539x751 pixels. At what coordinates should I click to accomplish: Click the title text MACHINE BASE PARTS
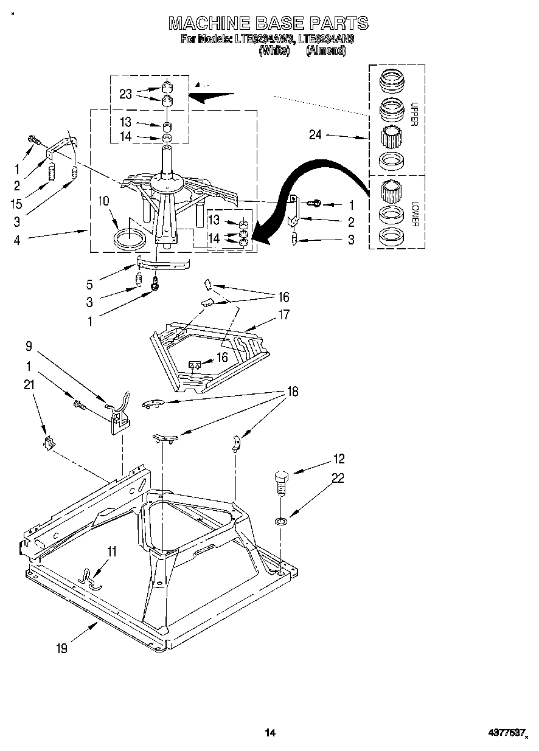[x=268, y=23]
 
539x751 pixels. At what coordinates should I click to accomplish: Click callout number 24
[x=315, y=135]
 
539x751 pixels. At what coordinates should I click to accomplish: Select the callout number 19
[x=62, y=648]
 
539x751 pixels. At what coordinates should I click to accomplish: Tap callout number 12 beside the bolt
[x=338, y=459]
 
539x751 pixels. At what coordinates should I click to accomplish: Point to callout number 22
[x=338, y=479]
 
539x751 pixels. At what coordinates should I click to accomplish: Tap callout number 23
[x=125, y=94]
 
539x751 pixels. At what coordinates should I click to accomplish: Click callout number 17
[x=283, y=315]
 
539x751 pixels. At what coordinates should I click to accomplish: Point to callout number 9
[x=28, y=348]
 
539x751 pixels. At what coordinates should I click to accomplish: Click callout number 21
[x=28, y=384]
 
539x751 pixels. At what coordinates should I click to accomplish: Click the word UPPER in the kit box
[x=413, y=113]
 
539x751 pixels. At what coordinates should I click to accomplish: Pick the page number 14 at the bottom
[x=270, y=733]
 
